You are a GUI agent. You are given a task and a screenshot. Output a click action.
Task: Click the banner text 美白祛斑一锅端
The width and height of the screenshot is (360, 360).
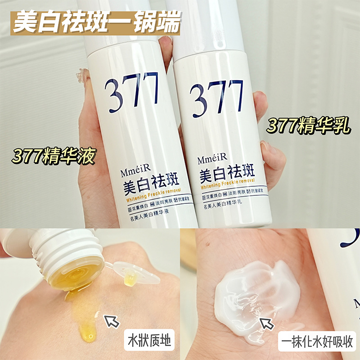(97, 23)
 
